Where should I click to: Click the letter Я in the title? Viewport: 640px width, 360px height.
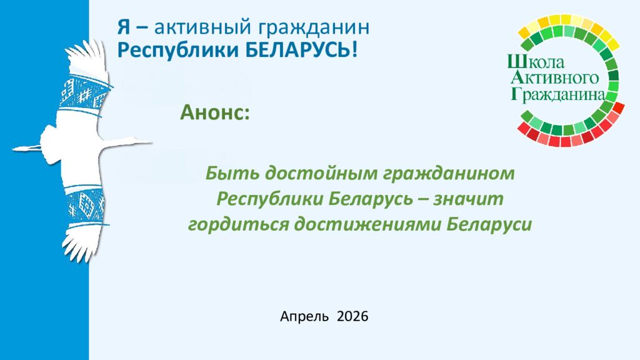pos(124,29)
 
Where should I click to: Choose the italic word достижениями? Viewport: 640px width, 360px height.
pos(362,224)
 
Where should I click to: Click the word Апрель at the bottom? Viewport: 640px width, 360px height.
pos(304,317)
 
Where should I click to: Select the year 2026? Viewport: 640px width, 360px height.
pos(352,317)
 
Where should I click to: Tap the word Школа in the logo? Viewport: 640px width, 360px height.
pos(536,62)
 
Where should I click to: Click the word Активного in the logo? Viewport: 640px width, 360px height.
pos(556,78)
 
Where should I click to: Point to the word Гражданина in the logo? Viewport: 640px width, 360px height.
pos(558,94)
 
